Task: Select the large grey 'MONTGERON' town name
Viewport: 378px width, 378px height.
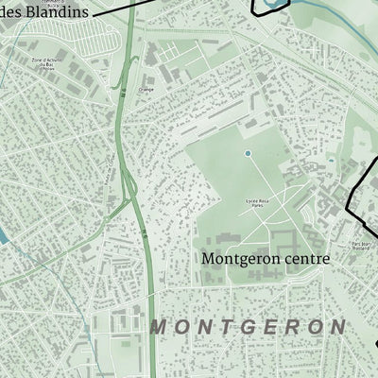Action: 247,327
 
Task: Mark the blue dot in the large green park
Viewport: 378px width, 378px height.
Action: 248,152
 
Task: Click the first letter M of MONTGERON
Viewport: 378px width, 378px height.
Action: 158,327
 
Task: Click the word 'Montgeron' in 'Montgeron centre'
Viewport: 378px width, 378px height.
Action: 236,257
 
